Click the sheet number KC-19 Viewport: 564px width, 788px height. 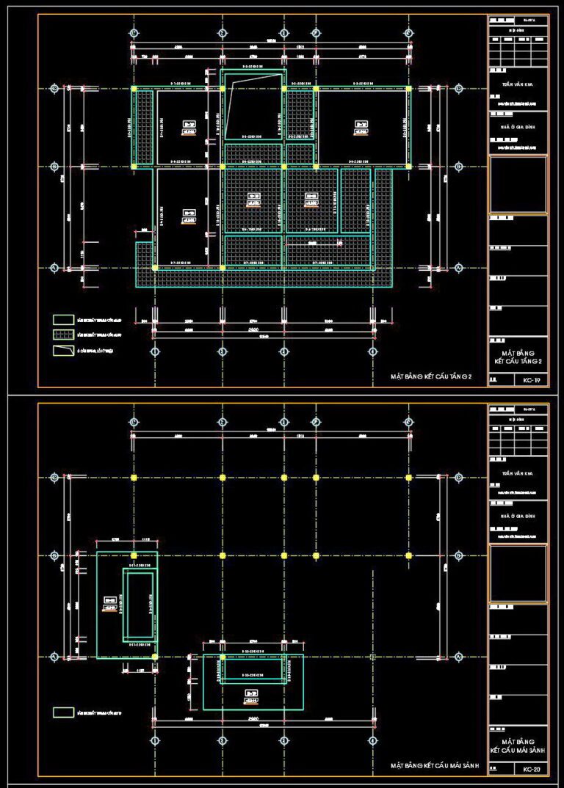tap(532, 380)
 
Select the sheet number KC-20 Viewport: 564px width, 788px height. tap(532, 770)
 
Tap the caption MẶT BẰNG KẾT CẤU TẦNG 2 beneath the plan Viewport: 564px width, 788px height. tap(435, 377)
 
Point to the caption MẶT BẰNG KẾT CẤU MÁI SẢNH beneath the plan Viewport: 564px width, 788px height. tap(435, 766)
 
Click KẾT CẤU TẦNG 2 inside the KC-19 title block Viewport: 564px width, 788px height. tap(518, 360)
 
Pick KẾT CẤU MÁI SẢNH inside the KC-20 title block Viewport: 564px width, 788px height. tap(518, 749)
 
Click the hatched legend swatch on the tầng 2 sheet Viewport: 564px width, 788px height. tap(64, 335)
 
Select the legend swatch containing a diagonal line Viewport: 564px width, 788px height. tap(64, 350)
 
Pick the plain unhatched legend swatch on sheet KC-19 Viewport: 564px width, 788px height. tap(64, 319)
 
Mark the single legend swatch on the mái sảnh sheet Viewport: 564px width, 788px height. tap(64, 711)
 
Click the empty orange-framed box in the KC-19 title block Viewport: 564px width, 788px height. tap(518, 183)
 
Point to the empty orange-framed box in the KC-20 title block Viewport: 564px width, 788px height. tap(518, 573)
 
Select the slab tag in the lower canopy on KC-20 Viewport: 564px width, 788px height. tap(252, 697)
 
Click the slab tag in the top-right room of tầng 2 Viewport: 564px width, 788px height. tap(361, 128)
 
